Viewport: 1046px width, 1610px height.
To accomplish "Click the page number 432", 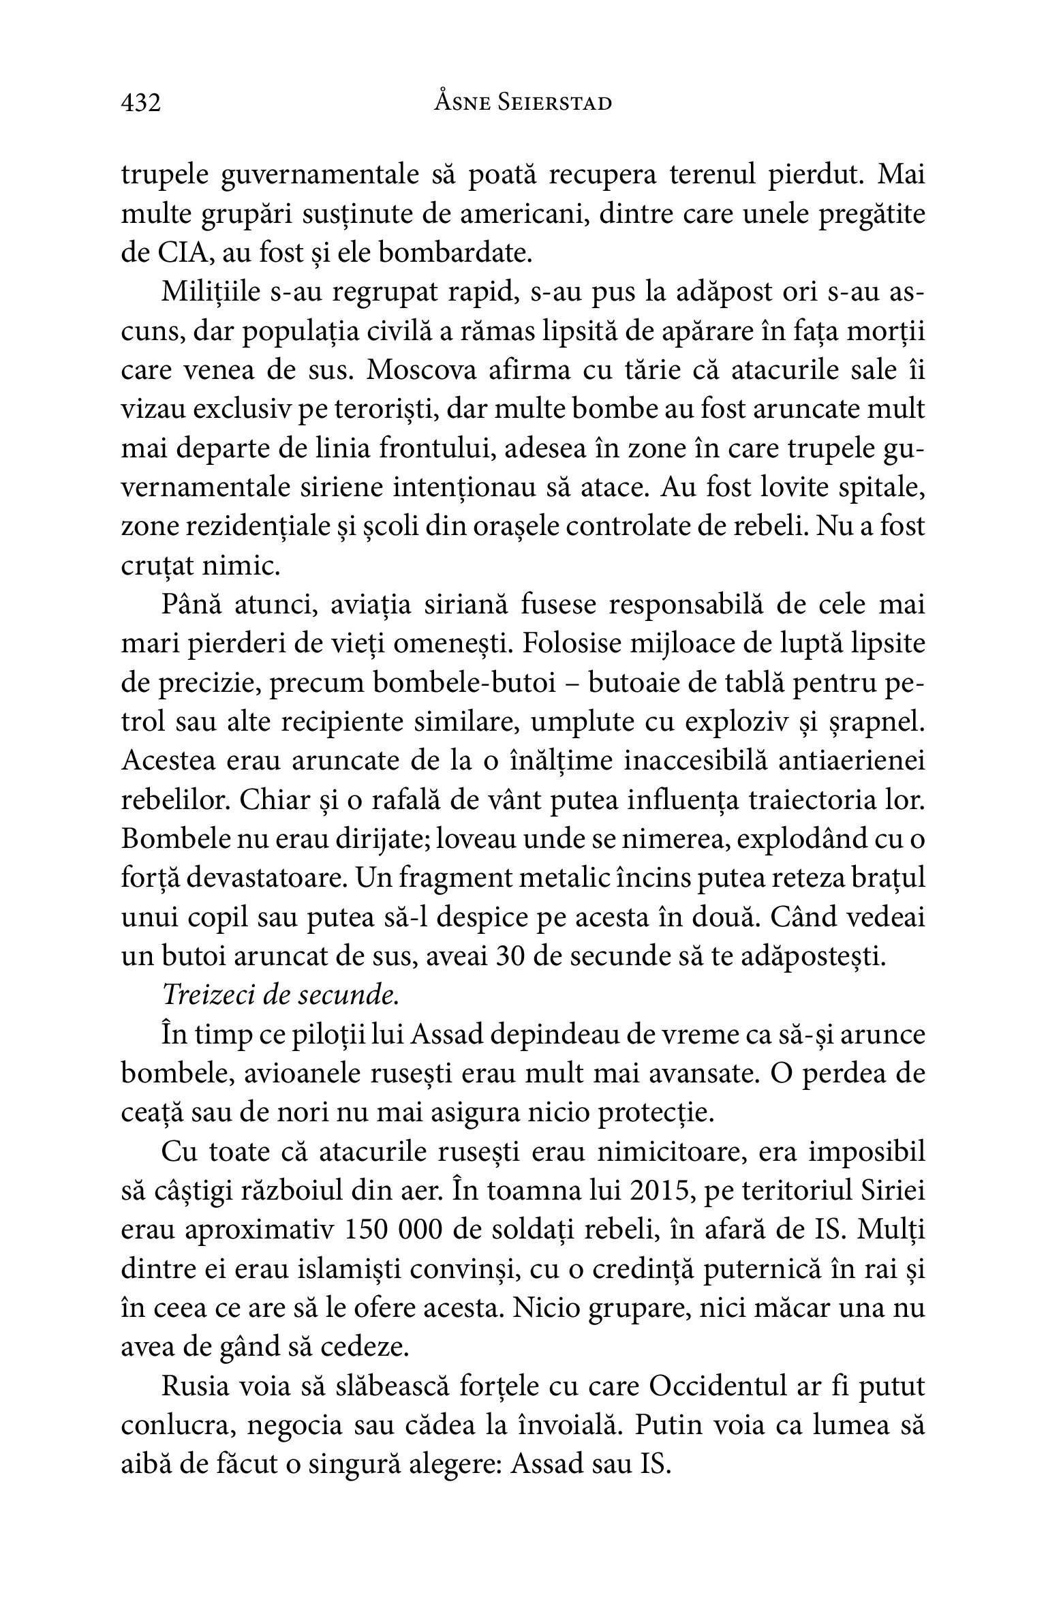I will point(140,103).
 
